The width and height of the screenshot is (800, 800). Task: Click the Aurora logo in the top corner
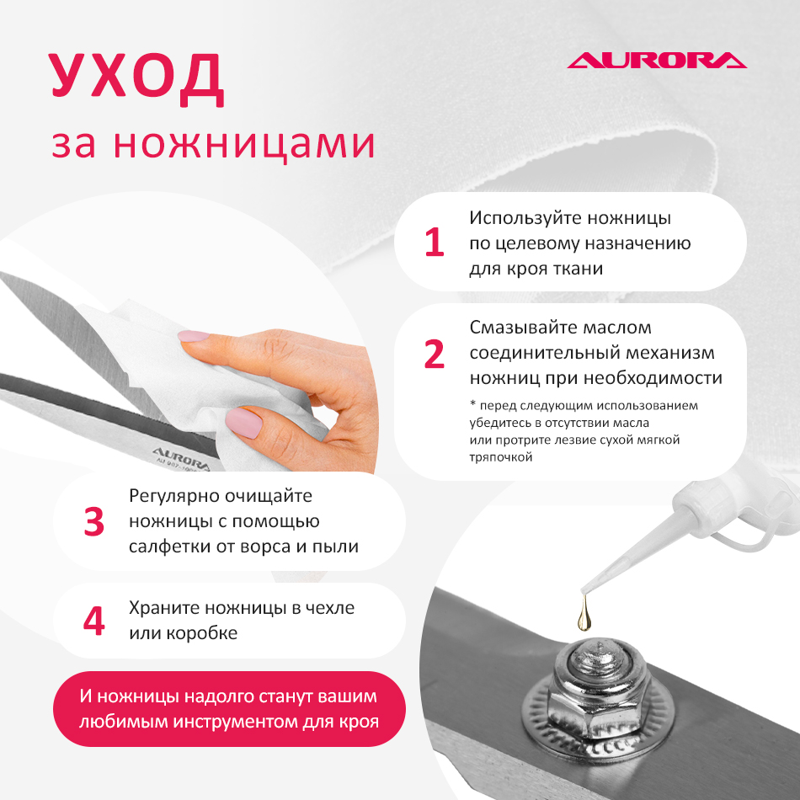pyautogui.click(x=657, y=60)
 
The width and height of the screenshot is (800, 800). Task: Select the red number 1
pyautogui.click(x=434, y=242)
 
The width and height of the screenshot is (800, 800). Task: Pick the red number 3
pyautogui.click(x=93, y=521)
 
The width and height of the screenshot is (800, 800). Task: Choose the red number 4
pyautogui.click(x=93, y=621)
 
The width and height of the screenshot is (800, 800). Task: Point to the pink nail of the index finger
pyautogui.click(x=194, y=336)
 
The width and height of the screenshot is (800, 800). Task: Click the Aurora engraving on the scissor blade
pyautogui.click(x=181, y=457)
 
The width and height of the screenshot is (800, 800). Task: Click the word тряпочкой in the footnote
pyautogui.click(x=500, y=457)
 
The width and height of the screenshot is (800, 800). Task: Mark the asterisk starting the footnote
pyautogui.click(x=472, y=404)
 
